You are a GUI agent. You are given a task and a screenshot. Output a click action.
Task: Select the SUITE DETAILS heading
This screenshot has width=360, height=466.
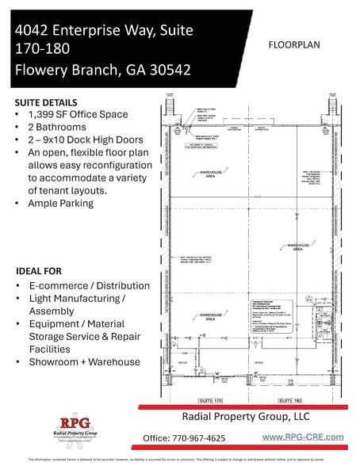45,103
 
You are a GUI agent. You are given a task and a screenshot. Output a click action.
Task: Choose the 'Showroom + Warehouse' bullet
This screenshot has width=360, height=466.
90,362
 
